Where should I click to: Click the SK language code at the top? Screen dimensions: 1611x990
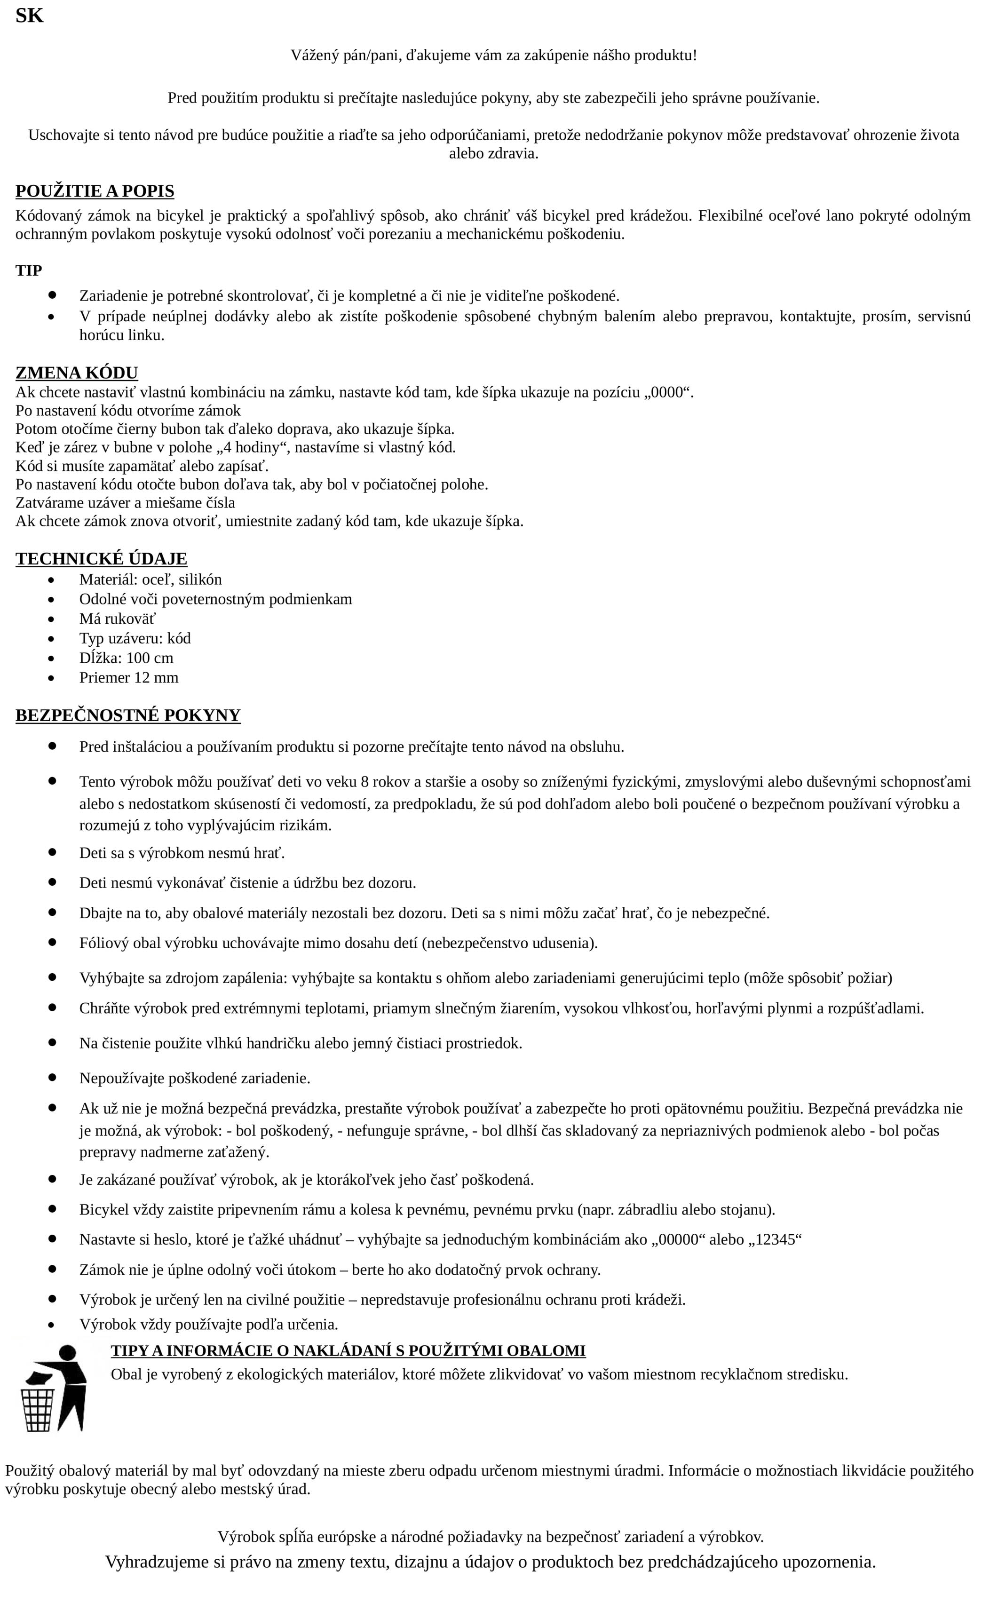click(x=30, y=16)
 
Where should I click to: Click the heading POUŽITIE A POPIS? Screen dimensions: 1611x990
click(x=95, y=191)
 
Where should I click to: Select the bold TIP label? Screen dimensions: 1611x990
click(x=29, y=270)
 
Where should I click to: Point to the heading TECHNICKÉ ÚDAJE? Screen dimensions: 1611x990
click(x=102, y=559)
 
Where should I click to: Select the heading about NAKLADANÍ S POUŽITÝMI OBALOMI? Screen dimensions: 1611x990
click(x=348, y=1350)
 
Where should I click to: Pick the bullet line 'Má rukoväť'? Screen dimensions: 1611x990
click(x=117, y=619)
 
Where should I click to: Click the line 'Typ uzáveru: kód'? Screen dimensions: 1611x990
click(x=135, y=638)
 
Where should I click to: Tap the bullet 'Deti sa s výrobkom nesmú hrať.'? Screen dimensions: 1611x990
click(x=182, y=853)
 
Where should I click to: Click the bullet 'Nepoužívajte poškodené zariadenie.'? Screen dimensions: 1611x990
click(x=194, y=1079)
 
